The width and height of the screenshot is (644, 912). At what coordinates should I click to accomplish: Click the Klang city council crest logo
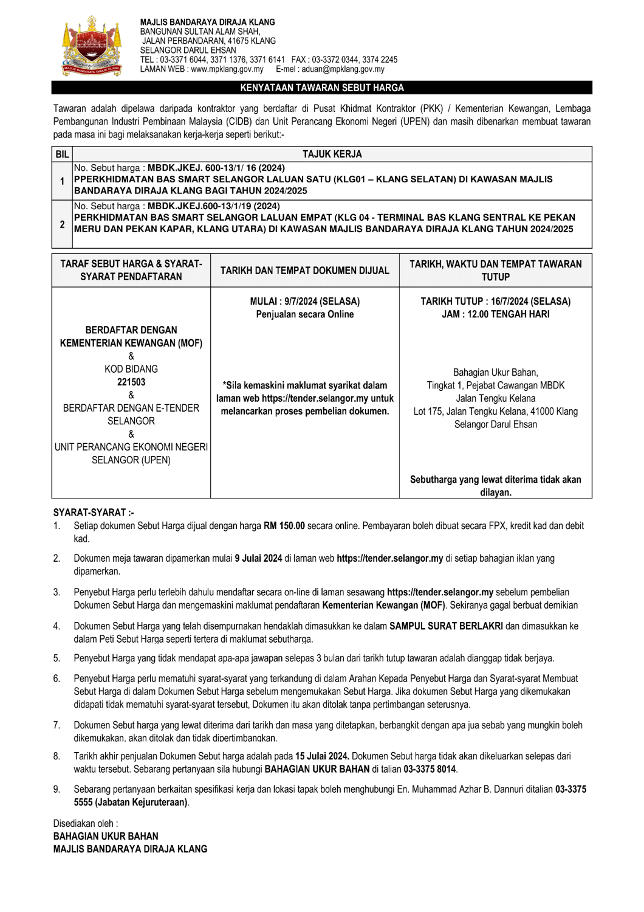pos(92,46)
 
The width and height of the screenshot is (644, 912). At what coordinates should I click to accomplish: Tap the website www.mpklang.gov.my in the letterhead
pos(227,69)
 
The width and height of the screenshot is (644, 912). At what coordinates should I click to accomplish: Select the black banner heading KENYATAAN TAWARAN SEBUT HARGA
pos(322,88)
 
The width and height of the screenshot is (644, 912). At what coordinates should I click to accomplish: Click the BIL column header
pos(62,154)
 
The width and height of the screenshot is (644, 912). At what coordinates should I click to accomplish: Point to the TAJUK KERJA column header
pos(332,154)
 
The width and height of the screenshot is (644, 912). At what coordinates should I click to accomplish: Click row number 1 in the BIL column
pos(62,181)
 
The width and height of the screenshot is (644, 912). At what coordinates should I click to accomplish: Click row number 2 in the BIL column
pos(62,224)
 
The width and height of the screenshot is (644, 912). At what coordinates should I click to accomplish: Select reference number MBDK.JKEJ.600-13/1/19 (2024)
pos(213,206)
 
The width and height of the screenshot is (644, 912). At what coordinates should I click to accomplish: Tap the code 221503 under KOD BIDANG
pos(131,382)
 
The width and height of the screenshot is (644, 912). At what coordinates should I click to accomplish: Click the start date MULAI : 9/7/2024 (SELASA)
pos(305,302)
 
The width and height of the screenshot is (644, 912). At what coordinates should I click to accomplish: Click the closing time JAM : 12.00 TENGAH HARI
pos(496,314)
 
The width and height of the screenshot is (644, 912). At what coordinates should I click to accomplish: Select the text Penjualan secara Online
pos(305,314)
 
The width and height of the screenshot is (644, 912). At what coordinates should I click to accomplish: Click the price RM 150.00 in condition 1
pos(284,526)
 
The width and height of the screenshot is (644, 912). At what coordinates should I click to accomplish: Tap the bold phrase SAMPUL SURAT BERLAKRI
pos(446,626)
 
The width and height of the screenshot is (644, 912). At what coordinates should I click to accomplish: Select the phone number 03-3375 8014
pos(430,769)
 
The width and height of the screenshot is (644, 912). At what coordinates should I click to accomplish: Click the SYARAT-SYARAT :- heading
pos(94,513)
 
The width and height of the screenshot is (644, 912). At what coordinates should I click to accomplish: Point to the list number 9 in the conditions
pos(57,789)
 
